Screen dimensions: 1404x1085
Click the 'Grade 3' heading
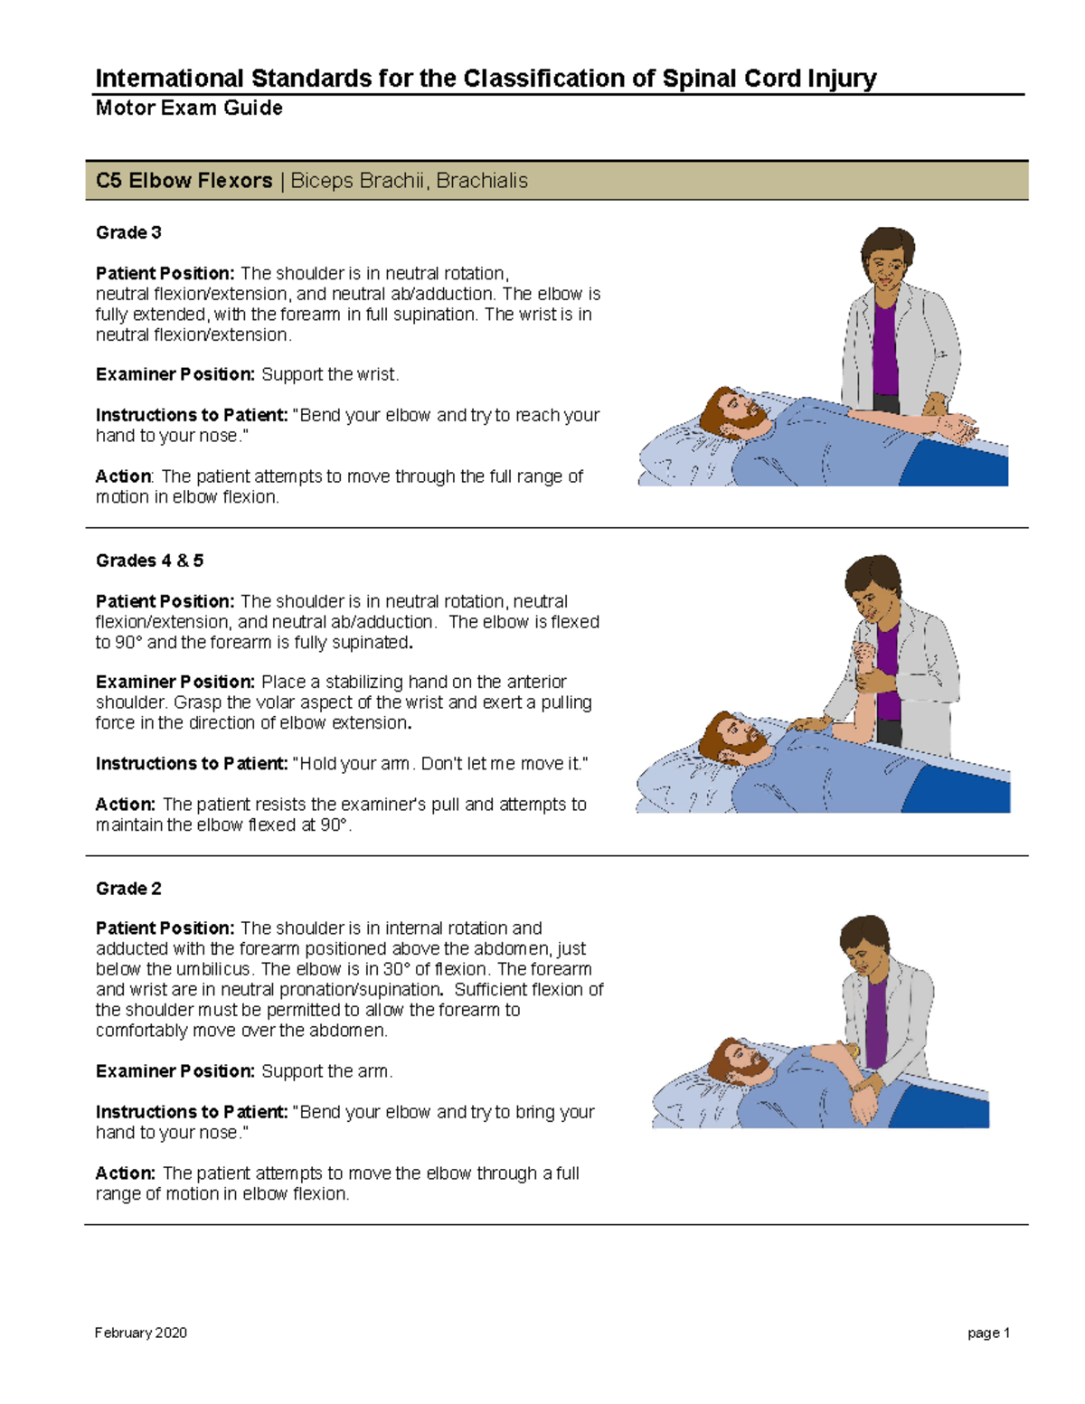(x=128, y=232)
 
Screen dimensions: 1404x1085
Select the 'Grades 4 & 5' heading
(x=149, y=561)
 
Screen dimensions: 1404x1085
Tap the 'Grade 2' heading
(x=128, y=889)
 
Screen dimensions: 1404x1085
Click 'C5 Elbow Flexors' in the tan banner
(x=184, y=181)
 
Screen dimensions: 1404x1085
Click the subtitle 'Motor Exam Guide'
(x=189, y=108)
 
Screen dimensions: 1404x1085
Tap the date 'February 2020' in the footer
(x=140, y=1333)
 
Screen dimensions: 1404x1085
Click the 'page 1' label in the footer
(x=988, y=1333)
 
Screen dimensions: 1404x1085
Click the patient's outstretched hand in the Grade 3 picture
(x=958, y=427)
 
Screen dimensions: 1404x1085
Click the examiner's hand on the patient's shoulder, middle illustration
(x=809, y=723)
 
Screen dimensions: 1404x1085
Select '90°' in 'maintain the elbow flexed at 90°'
(x=333, y=824)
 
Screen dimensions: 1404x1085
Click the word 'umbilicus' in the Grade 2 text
(x=212, y=969)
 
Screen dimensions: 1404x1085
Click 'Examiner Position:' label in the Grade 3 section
(x=175, y=374)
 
